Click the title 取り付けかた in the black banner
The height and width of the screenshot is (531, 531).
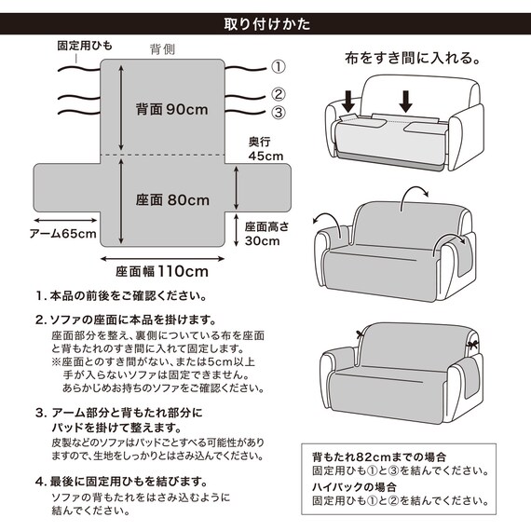265,22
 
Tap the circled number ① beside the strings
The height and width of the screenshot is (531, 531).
278,66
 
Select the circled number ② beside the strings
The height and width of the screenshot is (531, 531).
278,94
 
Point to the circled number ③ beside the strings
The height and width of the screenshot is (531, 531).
278,113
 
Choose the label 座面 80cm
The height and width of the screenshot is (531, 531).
170,199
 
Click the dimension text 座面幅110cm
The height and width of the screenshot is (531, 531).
162,272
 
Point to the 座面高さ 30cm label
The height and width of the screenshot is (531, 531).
264,233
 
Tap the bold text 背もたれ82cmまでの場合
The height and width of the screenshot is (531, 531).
378,457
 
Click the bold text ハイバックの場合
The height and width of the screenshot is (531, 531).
354,487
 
